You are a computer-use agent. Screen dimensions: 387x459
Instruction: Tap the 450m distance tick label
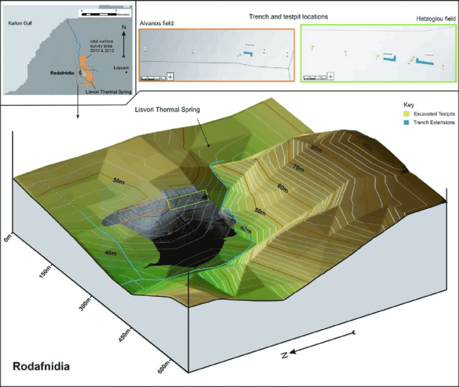(x=124, y=337)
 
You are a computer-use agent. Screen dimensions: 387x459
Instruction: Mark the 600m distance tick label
(x=163, y=370)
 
